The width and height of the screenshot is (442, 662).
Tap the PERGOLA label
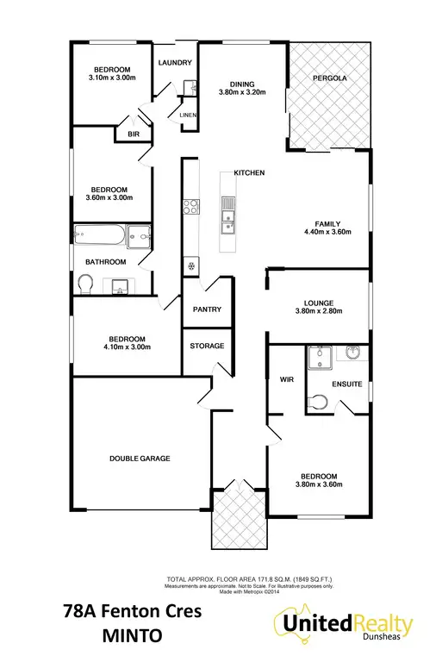(x=330, y=78)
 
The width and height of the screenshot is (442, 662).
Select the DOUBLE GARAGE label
(x=139, y=459)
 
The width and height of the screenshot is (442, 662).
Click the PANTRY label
(x=208, y=309)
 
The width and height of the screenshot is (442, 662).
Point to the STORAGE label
(x=207, y=346)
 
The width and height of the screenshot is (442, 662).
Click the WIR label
(x=286, y=378)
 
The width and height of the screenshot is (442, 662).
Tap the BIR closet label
(x=134, y=134)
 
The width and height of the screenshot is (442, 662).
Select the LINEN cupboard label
(x=188, y=115)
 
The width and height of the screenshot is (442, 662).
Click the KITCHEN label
(x=248, y=173)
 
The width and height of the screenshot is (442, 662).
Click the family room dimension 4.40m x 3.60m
(x=328, y=232)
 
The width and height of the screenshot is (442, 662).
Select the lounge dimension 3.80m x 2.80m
(x=318, y=313)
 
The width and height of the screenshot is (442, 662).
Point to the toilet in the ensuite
(x=317, y=401)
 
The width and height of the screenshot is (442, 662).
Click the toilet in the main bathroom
(x=84, y=283)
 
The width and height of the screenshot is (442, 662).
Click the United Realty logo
(x=344, y=625)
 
